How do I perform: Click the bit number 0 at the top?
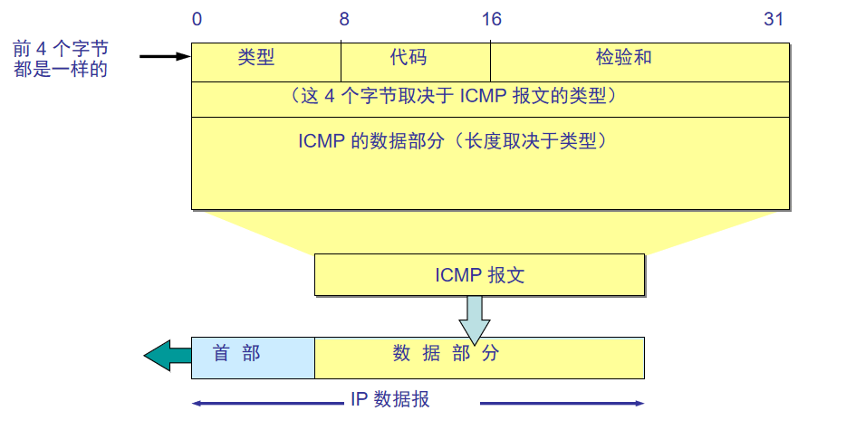[197, 20]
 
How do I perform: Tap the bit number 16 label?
[491, 20]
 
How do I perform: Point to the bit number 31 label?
[774, 20]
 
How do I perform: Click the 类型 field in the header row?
[256, 59]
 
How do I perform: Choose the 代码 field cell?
[409, 59]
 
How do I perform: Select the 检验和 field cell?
[624, 59]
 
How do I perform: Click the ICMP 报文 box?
[479, 275]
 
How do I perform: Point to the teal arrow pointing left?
[168, 356]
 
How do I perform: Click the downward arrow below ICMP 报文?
[474, 320]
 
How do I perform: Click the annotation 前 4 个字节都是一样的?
[61, 57]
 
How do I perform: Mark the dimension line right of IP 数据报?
[562, 403]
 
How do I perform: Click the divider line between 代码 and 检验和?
[491, 61]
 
